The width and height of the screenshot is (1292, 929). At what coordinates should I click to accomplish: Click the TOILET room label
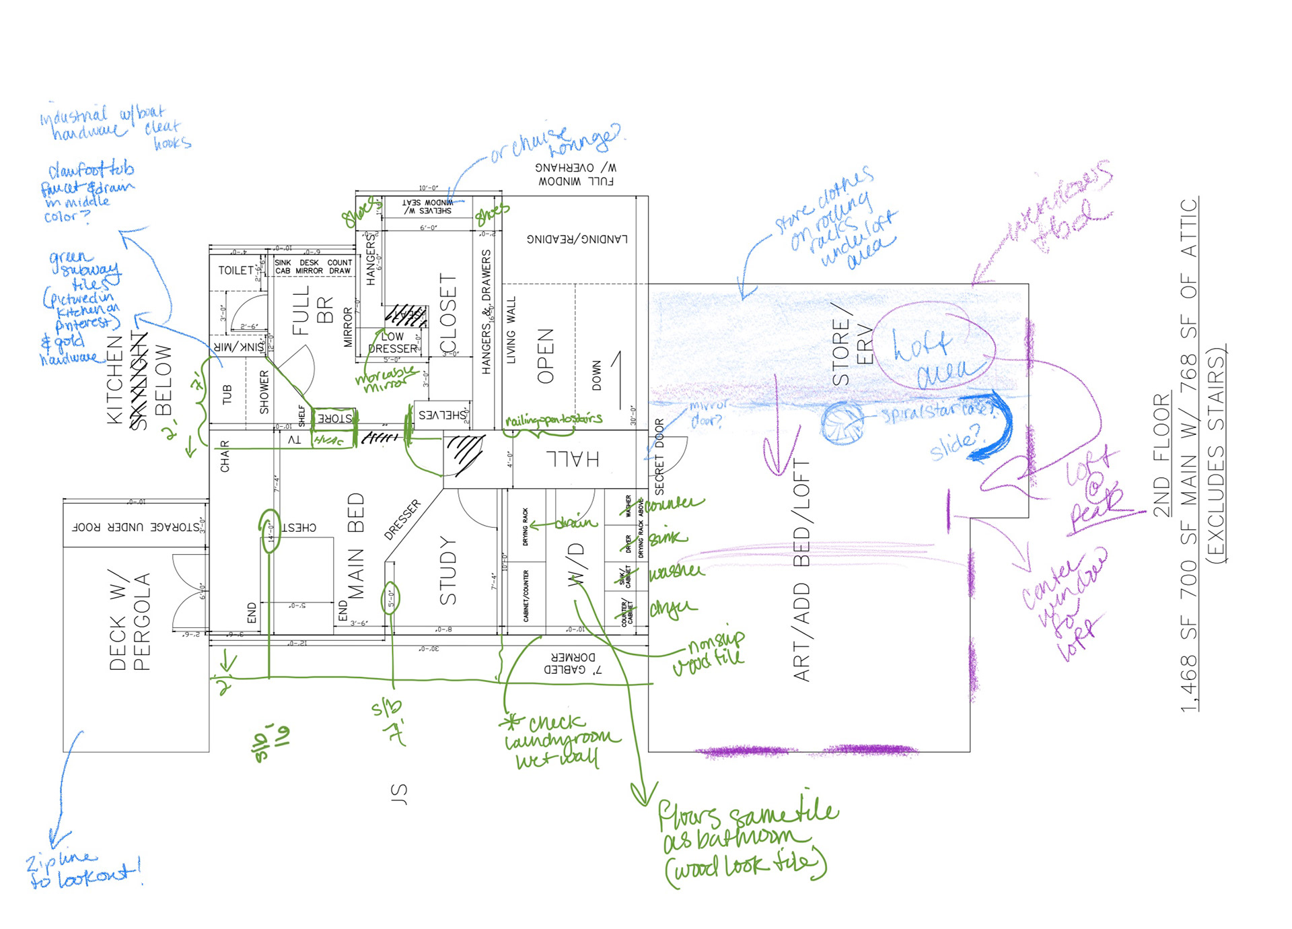pos(236,270)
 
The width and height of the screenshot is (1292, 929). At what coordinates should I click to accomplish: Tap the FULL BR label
pos(313,310)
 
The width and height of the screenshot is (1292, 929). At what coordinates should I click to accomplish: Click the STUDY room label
pos(448,570)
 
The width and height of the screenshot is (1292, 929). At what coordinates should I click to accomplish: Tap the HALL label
pos(573,459)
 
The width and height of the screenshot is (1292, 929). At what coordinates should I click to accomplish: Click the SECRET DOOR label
pos(659,456)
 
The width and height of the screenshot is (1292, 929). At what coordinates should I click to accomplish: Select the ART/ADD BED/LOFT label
pos(801,570)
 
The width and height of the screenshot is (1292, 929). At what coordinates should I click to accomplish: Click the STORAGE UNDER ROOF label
pos(135,527)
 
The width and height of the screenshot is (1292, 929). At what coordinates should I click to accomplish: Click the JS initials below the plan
pos(399,794)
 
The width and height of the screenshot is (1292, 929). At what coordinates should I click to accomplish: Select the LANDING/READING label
pos(577,239)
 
